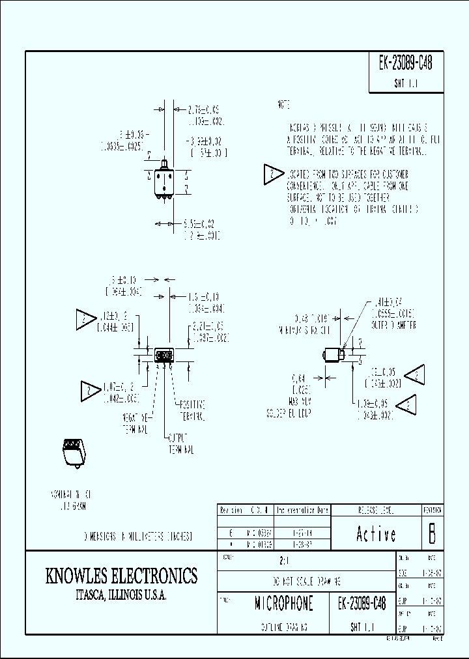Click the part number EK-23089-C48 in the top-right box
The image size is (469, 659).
(x=405, y=63)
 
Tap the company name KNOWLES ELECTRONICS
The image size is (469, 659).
(x=121, y=576)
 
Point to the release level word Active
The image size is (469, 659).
(x=377, y=535)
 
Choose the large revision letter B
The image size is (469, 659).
(x=431, y=534)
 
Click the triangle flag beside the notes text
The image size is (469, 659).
(x=272, y=175)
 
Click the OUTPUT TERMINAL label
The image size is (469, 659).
(x=181, y=443)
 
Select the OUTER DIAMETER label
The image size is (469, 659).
(x=394, y=324)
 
